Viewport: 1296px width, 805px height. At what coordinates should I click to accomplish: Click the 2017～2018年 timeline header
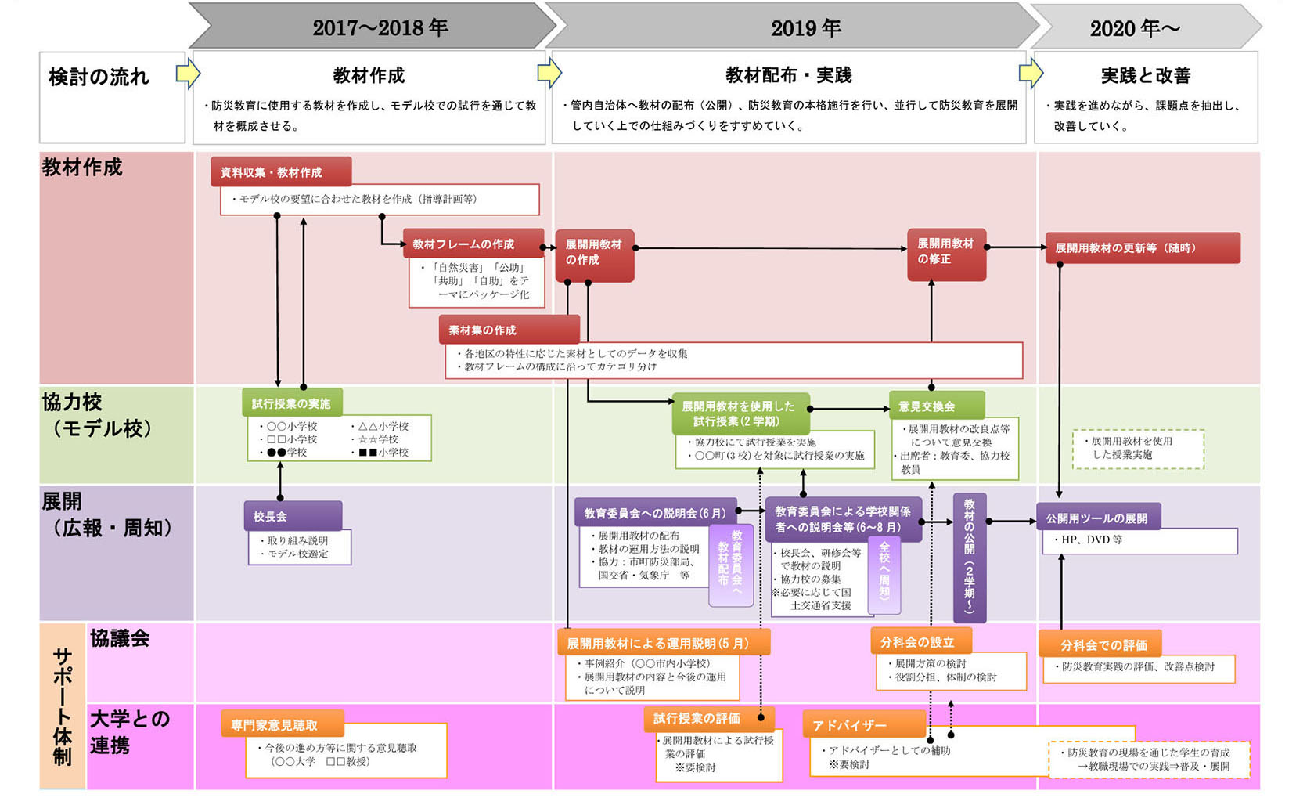[x=380, y=27]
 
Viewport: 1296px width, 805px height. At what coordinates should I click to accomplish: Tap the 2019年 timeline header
[x=805, y=27]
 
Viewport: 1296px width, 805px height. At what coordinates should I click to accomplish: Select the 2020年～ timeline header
[x=1134, y=28]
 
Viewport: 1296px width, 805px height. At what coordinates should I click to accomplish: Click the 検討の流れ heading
[x=99, y=77]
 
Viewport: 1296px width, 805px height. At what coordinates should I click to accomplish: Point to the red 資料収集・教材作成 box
[x=280, y=172]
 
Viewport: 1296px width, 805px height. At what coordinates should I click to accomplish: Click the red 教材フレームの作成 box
[x=473, y=244]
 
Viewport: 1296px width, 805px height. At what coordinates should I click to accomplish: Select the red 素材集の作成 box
[x=509, y=330]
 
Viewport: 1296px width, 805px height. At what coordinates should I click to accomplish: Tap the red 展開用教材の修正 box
[x=946, y=254]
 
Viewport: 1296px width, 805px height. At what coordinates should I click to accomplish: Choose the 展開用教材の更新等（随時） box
[x=1142, y=247]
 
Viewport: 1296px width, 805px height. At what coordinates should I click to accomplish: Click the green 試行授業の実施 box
[x=291, y=403]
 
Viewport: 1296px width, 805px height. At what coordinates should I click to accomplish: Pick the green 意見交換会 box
[x=936, y=406]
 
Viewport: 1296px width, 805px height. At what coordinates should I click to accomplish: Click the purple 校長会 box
[x=292, y=516]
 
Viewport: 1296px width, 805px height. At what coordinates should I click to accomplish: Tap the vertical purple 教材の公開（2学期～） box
[x=969, y=556]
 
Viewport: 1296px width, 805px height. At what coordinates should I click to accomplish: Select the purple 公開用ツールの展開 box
[x=1097, y=518]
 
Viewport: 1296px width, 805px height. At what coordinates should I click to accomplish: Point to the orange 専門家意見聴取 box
[x=281, y=724]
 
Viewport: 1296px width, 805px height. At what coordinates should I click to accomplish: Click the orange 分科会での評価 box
[x=1099, y=644]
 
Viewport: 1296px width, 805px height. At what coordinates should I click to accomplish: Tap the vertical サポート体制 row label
[x=63, y=706]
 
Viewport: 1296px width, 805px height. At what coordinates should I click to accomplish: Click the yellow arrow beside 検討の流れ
[x=187, y=74]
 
